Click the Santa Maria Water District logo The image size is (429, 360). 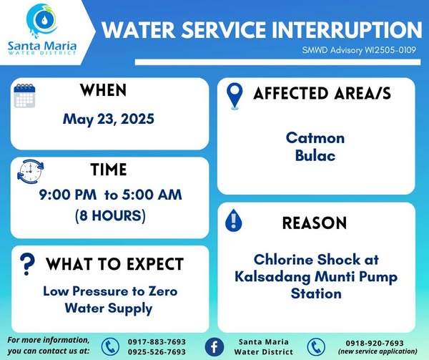click(x=42, y=29)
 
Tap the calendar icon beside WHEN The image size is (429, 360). click(x=24, y=95)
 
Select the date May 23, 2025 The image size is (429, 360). click(x=109, y=120)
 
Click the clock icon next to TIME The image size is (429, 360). click(x=30, y=171)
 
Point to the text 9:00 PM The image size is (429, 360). click(x=68, y=195)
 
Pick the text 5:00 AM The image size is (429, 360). click(x=152, y=195)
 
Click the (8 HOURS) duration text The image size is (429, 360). click(x=110, y=215)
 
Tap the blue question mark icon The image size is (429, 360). click(x=27, y=264)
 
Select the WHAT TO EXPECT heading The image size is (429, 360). click(x=114, y=264)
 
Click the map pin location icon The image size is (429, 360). click(x=235, y=96)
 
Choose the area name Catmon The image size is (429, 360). click(x=315, y=137)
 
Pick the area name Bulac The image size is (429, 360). click(x=315, y=155)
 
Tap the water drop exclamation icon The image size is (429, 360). click(x=233, y=220)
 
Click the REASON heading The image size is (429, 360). click(x=315, y=223)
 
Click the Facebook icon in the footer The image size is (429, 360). click(x=214, y=347)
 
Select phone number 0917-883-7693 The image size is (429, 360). click(x=157, y=342)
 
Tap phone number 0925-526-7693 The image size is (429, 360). click(x=157, y=352)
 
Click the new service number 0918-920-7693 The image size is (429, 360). click(x=375, y=343)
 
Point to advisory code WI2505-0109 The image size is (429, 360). click(x=390, y=50)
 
